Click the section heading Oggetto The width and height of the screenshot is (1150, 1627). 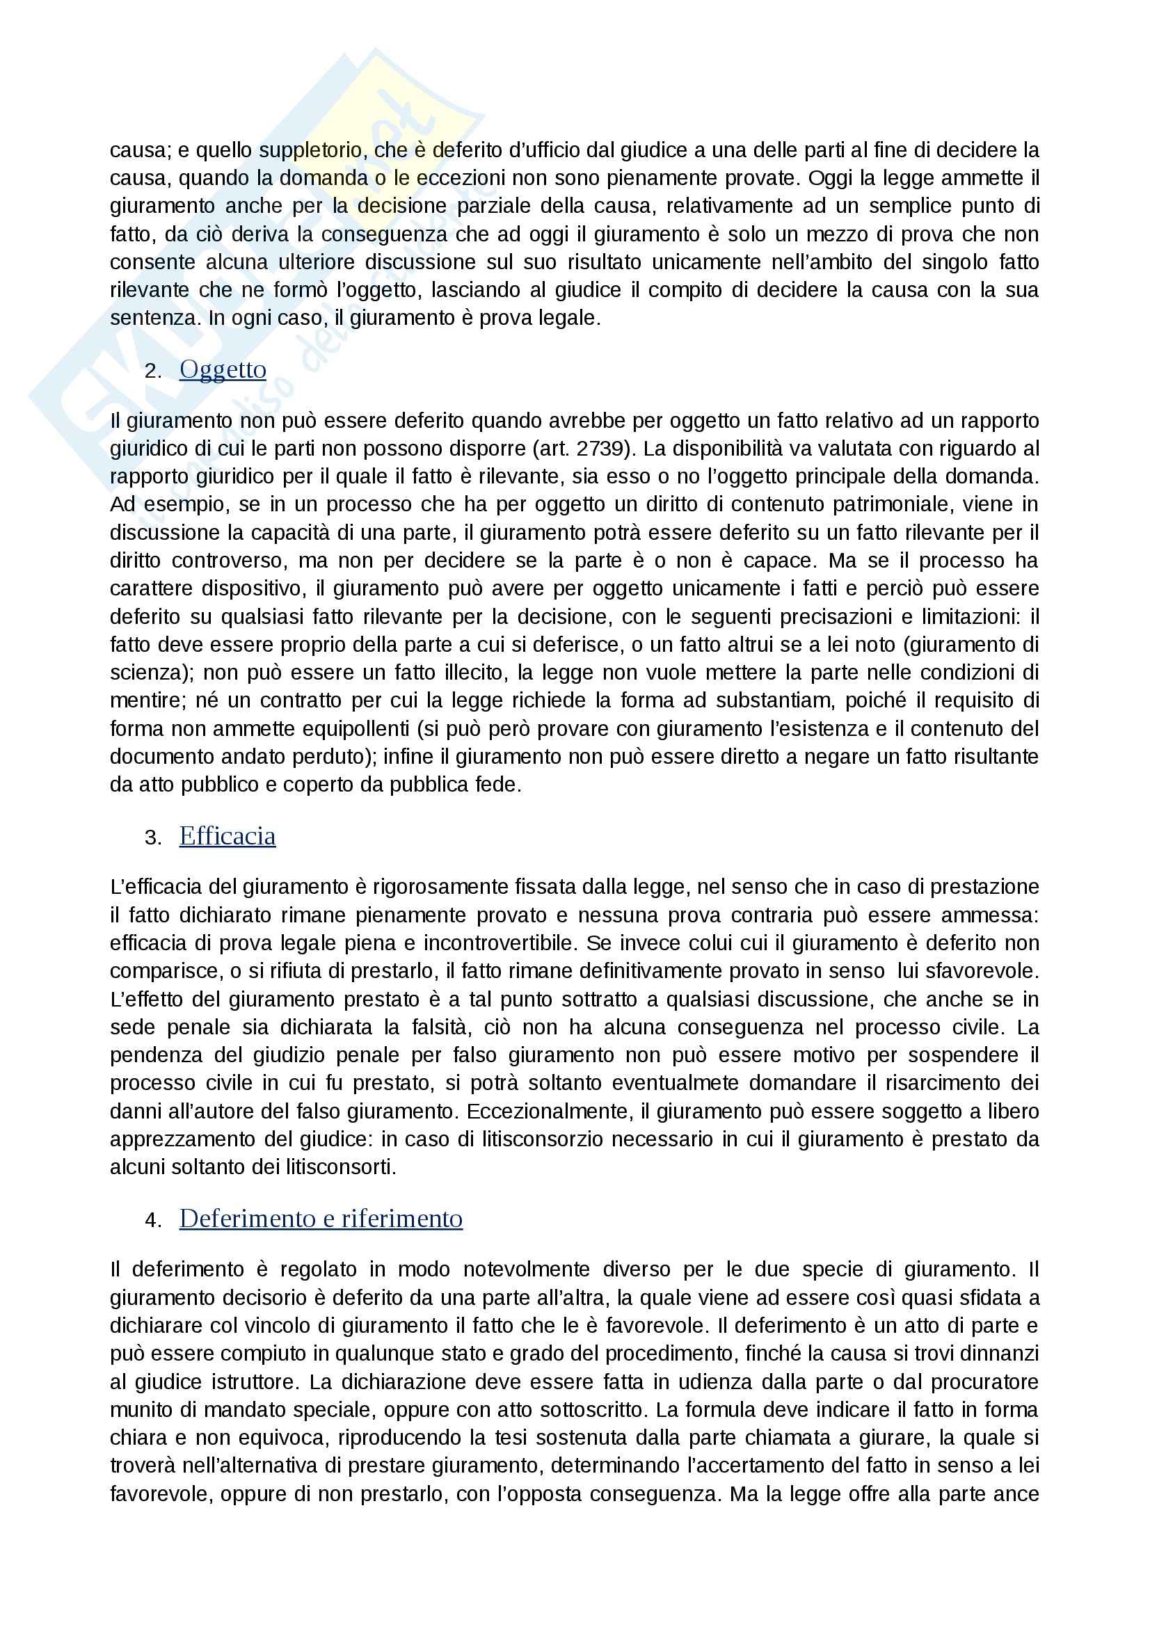(223, 369)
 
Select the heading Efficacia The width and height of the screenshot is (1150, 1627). (227, 836)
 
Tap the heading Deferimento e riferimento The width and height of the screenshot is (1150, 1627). (320, 1218)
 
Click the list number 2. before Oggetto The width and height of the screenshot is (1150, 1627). (153, 371)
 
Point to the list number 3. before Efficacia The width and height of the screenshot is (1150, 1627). (153, 838)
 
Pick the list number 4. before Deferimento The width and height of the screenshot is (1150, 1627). (153, 1220)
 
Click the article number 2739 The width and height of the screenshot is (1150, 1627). (601, 449)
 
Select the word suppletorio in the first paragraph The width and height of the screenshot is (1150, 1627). (314, 150)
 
